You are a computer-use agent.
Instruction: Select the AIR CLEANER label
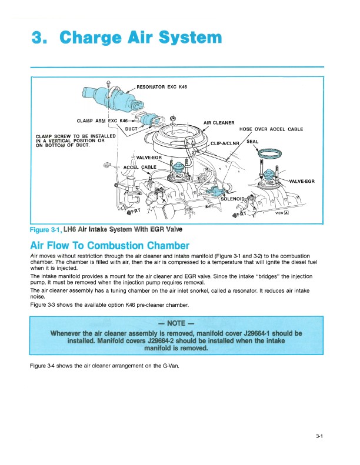(219, 122)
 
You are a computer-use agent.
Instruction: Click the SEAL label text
(252, 141)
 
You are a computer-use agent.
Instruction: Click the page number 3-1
(320, 436)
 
